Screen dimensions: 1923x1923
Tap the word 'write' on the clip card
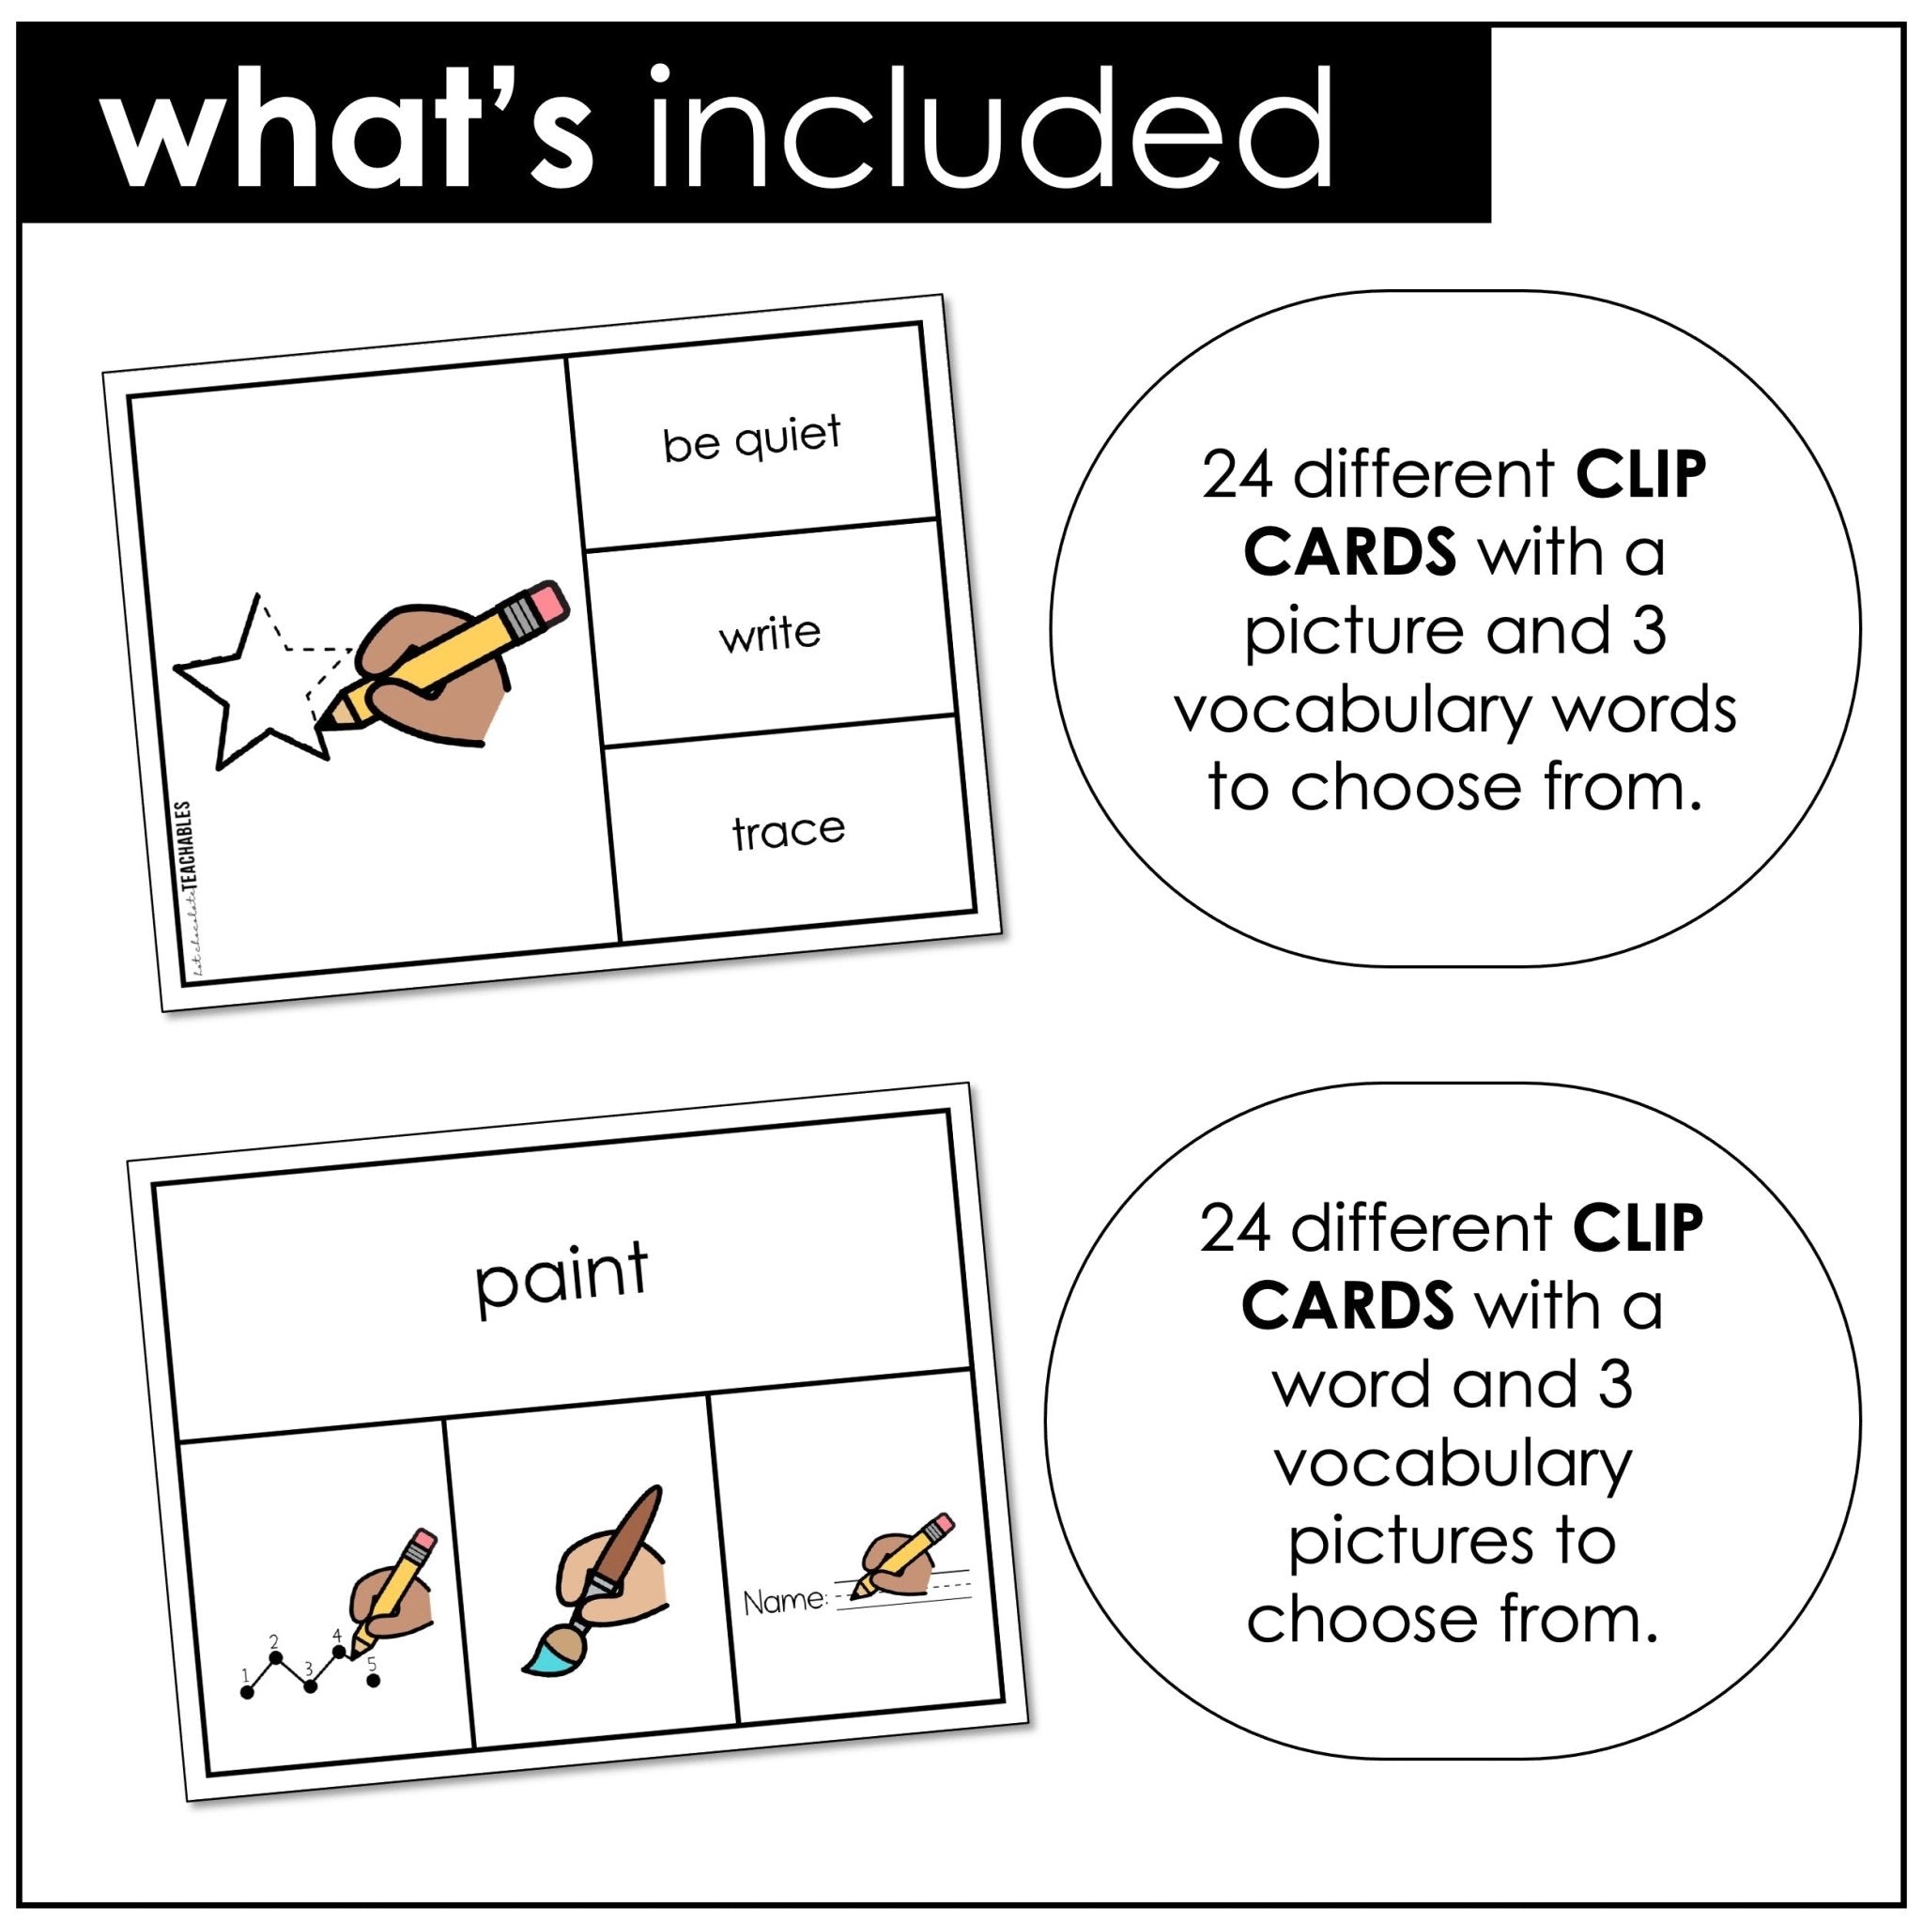tap(769, 634)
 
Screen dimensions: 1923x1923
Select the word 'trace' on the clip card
tap(789, 831)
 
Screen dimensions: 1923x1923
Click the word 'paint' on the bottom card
tap(562, 1276)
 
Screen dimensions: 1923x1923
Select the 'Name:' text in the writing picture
tap(785, 1602)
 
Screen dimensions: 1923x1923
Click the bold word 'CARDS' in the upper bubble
tap(1349, 552)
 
